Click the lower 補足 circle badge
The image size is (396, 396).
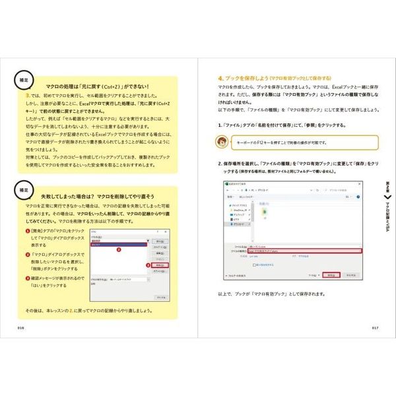click(x=24, y=189)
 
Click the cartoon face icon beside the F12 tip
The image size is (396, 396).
click(x=226, y=141)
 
